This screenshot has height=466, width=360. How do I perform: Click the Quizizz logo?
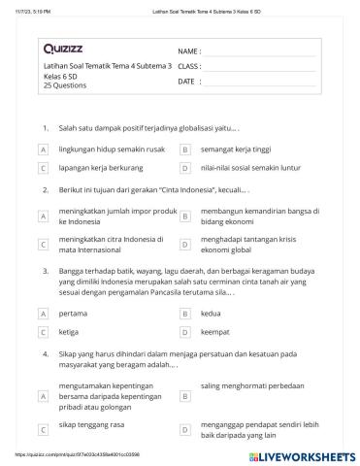click(63, 48)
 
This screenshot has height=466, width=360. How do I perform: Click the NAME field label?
click(189, 50)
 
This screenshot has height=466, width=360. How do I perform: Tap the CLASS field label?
click(189, 66)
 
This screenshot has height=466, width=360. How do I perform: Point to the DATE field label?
click(187, 82)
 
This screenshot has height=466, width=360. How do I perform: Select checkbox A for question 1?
click(44, 150)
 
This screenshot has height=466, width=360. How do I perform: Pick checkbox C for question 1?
click(44, 168)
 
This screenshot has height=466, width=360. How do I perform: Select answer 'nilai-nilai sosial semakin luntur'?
click(247, 167)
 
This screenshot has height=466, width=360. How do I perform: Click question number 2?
click(45, 191)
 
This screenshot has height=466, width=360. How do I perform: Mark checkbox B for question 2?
click(184, 216)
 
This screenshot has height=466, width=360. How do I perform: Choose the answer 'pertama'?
click(73, 314)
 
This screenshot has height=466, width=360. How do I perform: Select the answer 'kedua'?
click(211, 314)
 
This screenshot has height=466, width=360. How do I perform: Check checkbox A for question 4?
click(44, 397)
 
